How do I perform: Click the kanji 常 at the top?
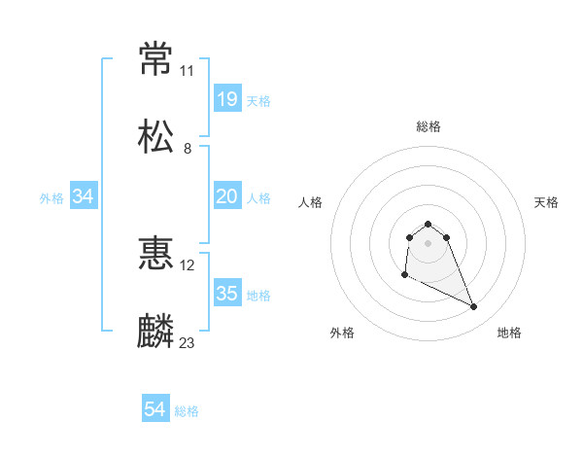pyautogui.click(x=157, y=59)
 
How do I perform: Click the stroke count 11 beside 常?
pyautogui.click(x=188, y=71)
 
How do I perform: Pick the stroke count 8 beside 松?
pyautogui.click(x=188, y=148)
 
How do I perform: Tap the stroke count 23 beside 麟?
pyautogui.click(x=188, y=342)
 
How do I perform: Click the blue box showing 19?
pyautogui.click(x=227, y=99)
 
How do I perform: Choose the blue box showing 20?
pyautogui.click(x=227, y=196)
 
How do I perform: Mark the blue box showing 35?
pyautogui.click(x=227, y=294)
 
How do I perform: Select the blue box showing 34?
pyautogui.click(x=84, y=196)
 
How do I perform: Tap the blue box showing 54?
pyautogui.click(x=155, y=410)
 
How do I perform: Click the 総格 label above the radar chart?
pyautogui.click(x=429, y=126)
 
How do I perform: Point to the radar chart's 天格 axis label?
pyautogui.click(x=547, y=202)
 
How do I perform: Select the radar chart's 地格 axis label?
pyautogui.click(x=509, y=333)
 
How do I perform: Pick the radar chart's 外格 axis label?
pyautogui.click(x=342, y=333)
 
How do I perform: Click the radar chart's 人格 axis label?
pyautogui.click(x=311, y=202)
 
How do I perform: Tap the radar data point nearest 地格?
pyautogui.click(x=474, y=307)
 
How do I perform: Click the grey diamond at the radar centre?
pyautogui.click(x=429, y=242)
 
